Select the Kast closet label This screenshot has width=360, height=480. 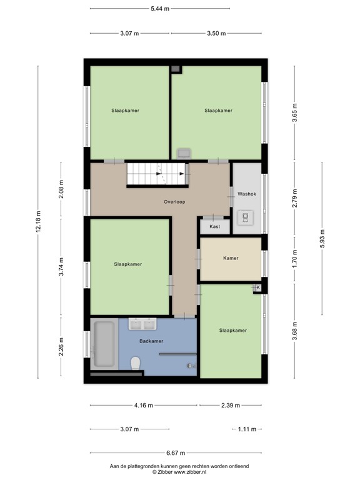214,227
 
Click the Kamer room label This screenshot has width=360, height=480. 231,257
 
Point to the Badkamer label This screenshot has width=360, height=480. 151,341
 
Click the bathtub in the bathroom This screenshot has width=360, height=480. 104,344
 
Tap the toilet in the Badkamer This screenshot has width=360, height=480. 134,363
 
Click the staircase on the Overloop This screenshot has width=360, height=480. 157,174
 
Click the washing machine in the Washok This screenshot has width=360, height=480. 246,218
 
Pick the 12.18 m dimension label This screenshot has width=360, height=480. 38,221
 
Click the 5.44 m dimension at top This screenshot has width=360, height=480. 159,9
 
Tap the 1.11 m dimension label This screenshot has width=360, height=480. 247,429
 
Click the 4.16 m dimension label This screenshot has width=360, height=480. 143,406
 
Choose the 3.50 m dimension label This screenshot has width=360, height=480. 216,33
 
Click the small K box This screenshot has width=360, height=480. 257,287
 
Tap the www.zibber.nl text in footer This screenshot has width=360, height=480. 192,472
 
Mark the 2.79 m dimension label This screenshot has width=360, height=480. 295,197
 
